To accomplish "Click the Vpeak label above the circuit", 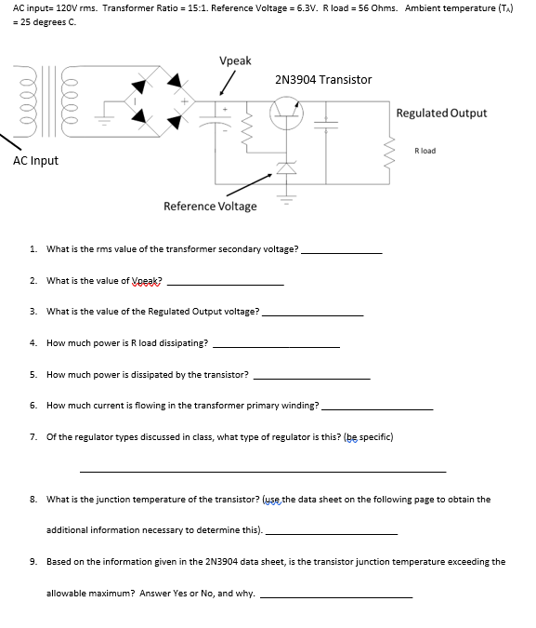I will (x=235, y=60).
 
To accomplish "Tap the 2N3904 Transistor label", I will (x=323, y=80).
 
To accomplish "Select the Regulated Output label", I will (x=440, y=114).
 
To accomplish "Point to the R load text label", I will (x=425, y=150).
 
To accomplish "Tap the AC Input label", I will (x=35, y=161).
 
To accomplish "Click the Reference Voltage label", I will (x=210, y=206).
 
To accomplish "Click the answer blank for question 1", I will (x=341, y=253).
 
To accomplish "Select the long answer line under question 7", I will (x=263, y=471).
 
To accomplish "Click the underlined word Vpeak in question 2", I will (x=146, y=281).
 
